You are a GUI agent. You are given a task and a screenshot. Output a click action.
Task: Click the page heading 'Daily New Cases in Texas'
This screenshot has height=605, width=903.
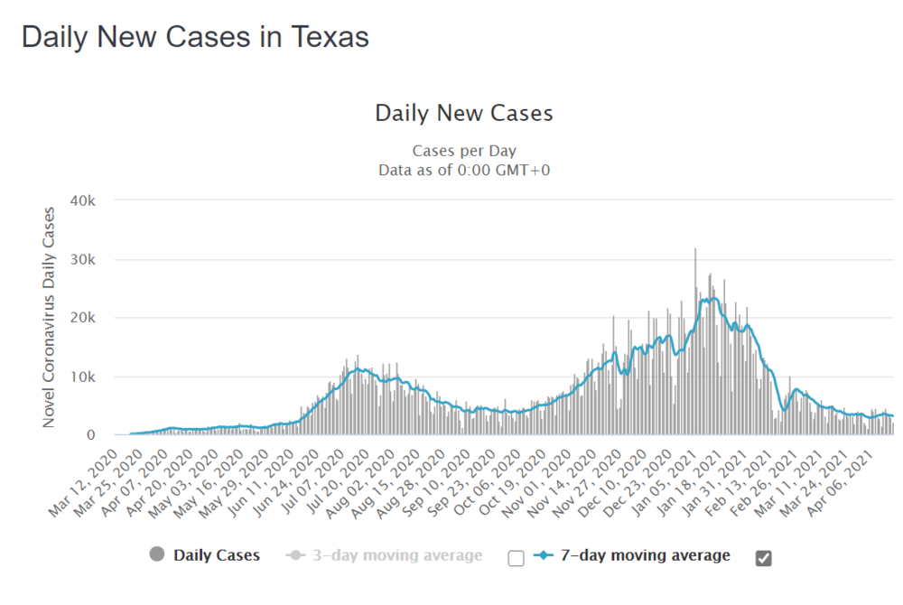pyautogui.click(x=195, y=36)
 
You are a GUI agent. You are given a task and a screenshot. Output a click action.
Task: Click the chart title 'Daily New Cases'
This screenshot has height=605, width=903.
pyautogui.click(x=464, y=114)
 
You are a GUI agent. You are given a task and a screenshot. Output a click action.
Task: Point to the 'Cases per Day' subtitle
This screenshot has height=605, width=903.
pyautogui.click(x=464, y=151)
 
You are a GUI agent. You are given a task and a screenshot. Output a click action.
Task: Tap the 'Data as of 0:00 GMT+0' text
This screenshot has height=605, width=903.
pyautogui.click(x=464, y=169)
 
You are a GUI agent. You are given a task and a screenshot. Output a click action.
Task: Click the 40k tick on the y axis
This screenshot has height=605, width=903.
pyautogui.click(x=95, y=200)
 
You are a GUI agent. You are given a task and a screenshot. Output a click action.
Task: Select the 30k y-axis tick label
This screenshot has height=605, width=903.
pyautogui.click(x=95, y=259)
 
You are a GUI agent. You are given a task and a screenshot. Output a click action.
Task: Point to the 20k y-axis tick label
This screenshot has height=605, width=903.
pyautogui.click(x=95, y=318)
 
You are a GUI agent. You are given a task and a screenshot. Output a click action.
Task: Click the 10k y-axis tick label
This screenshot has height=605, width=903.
pyautogui.click(x=95, y=377)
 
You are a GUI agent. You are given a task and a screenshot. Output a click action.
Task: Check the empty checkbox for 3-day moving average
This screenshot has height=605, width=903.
pyautogui.click(x=516, y=558)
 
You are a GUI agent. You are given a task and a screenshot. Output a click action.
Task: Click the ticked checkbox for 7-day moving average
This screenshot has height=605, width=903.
pyautogui.click(x=763, y=558)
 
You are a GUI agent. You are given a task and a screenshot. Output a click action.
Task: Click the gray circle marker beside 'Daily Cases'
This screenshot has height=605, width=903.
pyautogui.click(x=158, y=555)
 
